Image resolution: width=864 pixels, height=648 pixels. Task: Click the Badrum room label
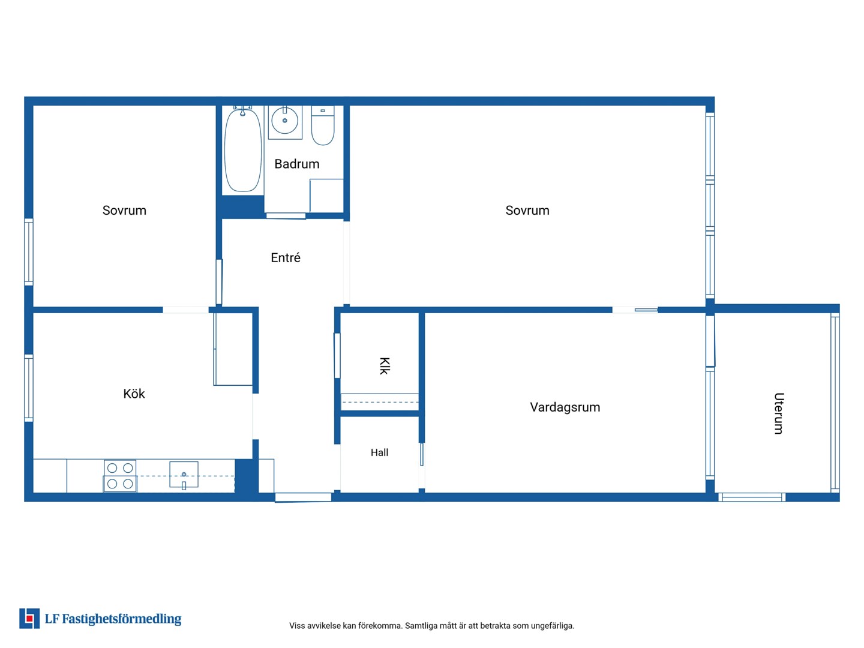click(x=297, y=164)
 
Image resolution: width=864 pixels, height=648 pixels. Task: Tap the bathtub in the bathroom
click(x=243, y=150)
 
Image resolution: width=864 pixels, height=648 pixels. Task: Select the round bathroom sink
click(x=284, y=121)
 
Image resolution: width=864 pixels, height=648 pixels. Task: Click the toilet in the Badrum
click(x=323, y=125)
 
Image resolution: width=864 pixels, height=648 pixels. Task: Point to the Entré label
click(x=286, y=258)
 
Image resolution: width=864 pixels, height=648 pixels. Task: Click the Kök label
click(x=134, y=394)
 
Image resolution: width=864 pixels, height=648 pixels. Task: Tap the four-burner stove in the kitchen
click(x=120, y=476)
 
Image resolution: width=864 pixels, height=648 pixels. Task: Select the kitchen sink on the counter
click(x=184, y=475)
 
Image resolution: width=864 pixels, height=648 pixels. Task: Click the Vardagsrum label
click(x=565, y=407)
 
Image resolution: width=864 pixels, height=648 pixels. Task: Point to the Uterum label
click(x=779, y=413)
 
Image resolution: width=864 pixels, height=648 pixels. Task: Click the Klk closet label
click(x=385, y=366)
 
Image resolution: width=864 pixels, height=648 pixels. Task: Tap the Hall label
click(x=379, y=452)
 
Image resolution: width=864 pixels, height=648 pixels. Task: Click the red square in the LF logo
click(x=29, y=618)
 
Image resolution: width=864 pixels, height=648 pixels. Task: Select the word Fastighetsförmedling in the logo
click(x=122, y=619)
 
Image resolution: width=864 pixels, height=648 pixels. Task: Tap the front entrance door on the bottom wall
click(x=303, y=497)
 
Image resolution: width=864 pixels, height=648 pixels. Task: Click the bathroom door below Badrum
click(x=286, y=215)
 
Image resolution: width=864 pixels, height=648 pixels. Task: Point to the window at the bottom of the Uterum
click(x=752, y=497)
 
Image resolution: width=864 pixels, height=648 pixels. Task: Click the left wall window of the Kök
click(x=29, y=388)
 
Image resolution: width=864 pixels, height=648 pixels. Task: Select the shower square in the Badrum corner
click(x=326, y=196)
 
